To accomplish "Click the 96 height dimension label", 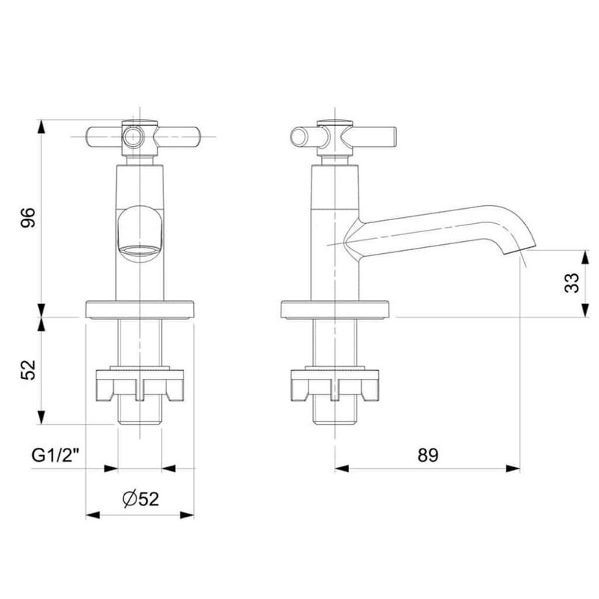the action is (28, 217).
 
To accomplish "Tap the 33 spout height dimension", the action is (572, 283).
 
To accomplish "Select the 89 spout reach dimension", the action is (428, 455).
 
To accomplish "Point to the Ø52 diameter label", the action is (141, 499).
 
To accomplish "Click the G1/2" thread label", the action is (55, 455).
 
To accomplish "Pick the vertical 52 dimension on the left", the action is (28, 369).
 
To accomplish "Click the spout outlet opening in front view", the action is (140, 251).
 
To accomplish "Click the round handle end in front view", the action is (133, 137).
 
